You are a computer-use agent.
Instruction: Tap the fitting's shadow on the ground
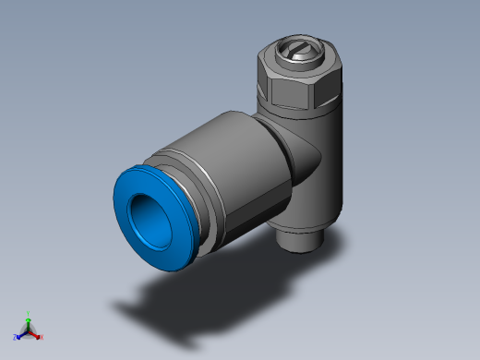pyautogui.click(x=185, y=305)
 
